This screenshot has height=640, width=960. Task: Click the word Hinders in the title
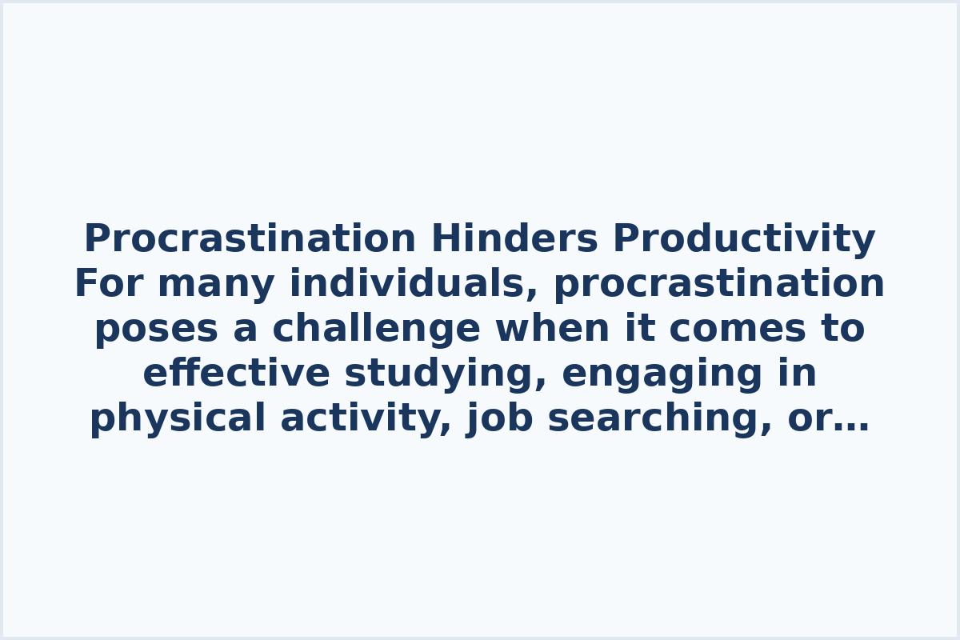[514, 239]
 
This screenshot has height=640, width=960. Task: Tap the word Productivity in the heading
[744, 239]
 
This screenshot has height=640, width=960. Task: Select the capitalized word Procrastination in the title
[250, 239]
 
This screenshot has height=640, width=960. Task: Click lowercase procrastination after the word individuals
[718, 284]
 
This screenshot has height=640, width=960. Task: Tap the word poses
[156, 329]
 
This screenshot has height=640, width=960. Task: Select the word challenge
[376, 329]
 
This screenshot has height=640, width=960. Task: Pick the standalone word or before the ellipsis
[806, 418]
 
